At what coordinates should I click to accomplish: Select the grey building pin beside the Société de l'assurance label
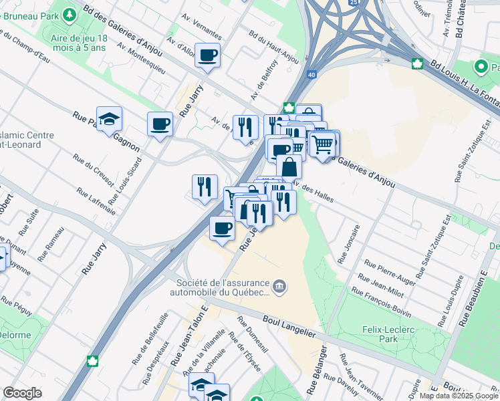(280, 287)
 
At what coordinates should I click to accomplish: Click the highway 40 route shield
(312, 75)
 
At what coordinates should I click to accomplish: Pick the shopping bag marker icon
(289, 166)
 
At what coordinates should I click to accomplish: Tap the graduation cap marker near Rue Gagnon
(109, 120)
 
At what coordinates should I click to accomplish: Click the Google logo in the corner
(22, 393)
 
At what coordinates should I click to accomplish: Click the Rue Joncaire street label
(349, 243)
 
